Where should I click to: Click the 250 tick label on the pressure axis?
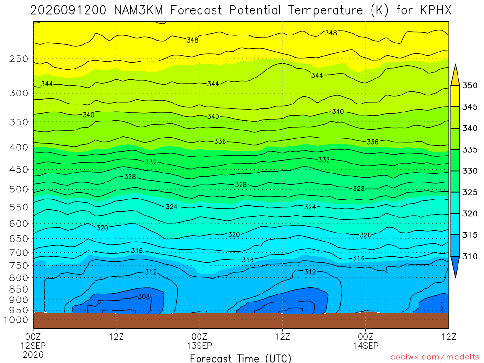(19, 59)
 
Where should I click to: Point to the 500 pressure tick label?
(19, 190)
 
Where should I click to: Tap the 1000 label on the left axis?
(16, 320)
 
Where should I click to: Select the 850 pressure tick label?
(19, 289)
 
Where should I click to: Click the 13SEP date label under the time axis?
(199, 346)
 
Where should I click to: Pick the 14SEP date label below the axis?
(366, 346)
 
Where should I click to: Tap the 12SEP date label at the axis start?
(33, 346)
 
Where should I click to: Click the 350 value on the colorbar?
(470, 86)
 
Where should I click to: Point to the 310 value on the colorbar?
(470, 256)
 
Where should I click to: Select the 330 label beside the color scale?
(470, 171)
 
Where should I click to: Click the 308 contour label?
(144, 297)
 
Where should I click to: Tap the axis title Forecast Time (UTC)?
(241, 358)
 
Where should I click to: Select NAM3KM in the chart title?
(138, 10)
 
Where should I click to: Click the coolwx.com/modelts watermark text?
(435, 357)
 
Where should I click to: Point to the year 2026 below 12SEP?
(33, 354)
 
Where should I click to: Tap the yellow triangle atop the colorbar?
(455, 75)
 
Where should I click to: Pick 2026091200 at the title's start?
(68, 10)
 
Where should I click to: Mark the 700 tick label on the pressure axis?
(19, 253)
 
